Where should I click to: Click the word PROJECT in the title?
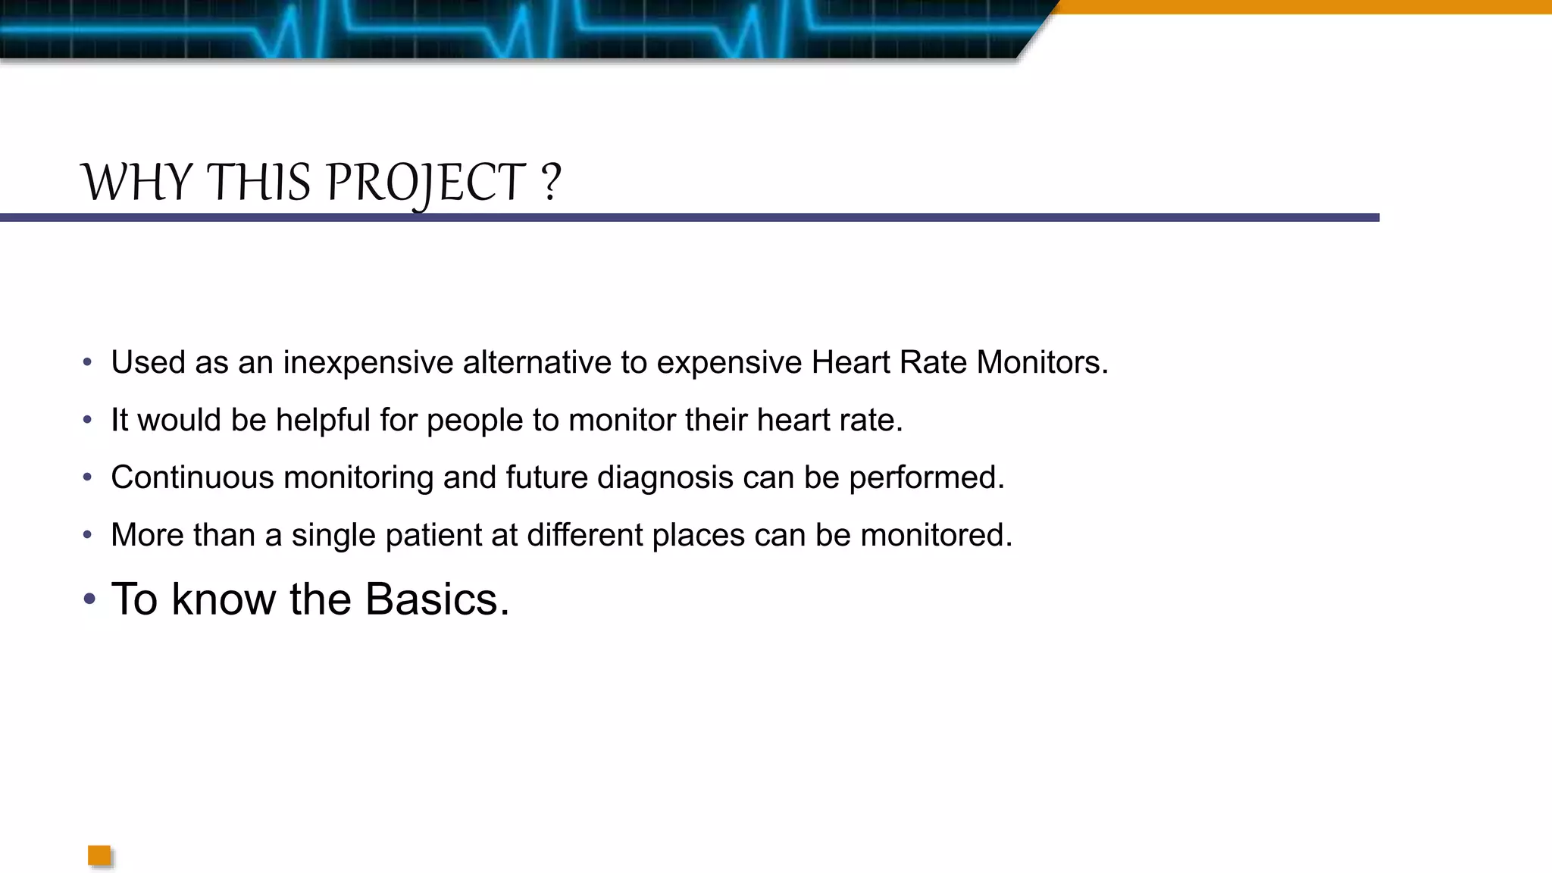point(425,183)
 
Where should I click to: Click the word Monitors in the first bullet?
point(1041,362)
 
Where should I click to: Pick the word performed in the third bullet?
point(926,477)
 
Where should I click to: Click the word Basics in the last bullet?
point(436,599)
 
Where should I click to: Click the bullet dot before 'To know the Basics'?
point(89,599)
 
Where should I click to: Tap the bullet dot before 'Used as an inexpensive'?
point(87,362)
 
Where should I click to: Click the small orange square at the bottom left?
point(99,856)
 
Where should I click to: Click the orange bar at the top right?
point(1303,7)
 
